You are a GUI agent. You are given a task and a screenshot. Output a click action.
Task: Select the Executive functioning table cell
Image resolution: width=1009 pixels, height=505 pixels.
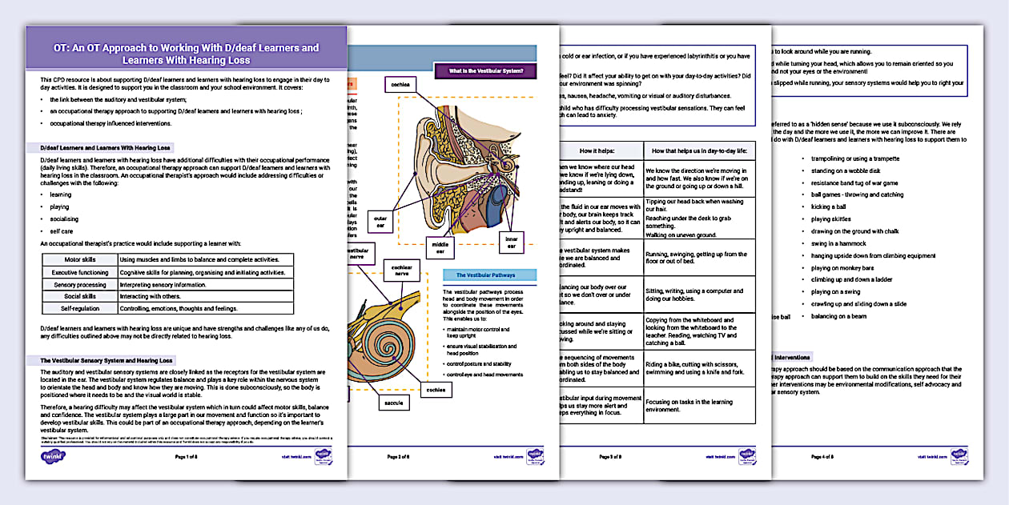point(79,272)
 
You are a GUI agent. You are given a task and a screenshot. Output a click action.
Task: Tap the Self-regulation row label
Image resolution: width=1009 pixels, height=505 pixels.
point(79,308)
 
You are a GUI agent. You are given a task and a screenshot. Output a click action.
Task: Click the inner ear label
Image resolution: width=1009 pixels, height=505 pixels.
point(510,241)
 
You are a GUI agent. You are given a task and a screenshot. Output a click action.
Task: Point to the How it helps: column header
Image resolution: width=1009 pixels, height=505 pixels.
point(598,150)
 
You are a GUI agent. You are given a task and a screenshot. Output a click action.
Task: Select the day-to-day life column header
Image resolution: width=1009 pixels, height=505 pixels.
point(697,150)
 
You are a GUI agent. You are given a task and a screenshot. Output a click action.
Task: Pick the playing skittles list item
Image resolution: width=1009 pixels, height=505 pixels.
point(832,218)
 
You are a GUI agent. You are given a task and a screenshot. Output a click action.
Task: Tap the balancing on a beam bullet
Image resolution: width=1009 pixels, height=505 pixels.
point(838,316)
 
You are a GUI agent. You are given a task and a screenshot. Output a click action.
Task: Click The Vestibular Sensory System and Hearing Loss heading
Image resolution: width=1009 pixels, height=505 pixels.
point(107,360)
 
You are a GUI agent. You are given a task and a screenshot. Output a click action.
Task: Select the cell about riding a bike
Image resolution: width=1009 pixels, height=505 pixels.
point(697,368)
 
